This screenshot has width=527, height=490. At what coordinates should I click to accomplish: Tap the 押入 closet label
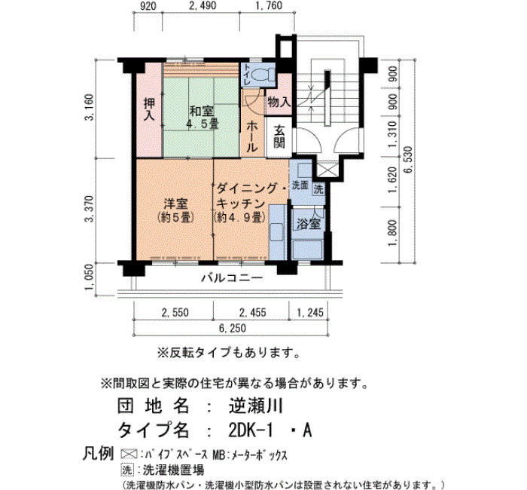tap(149, 109)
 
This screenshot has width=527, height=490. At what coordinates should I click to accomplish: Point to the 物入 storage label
tap(279, 101)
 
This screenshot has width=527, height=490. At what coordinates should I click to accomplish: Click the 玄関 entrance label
tap(279, 136)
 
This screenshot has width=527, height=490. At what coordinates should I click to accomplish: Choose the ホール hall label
tap(252, 136)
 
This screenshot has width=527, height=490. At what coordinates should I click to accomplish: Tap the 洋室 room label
tap(175, 210)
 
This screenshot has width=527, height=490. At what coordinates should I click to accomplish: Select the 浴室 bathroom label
tap(309, 223)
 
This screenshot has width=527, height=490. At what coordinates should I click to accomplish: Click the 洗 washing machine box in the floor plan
tap(318, 189)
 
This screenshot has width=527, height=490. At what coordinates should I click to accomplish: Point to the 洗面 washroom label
tap(300, 185)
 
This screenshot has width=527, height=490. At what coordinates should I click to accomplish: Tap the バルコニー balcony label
tap(232, 278)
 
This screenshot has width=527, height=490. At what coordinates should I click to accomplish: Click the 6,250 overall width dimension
tap(233, 328)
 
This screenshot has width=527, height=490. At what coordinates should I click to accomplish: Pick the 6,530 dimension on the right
tap(408, 160)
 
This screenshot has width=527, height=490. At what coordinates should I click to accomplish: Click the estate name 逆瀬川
tap(256, 406)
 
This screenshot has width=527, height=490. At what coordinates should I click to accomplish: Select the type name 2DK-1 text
tap(250, 430)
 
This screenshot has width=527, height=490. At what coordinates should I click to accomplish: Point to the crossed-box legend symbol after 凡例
tap(129, 455)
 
